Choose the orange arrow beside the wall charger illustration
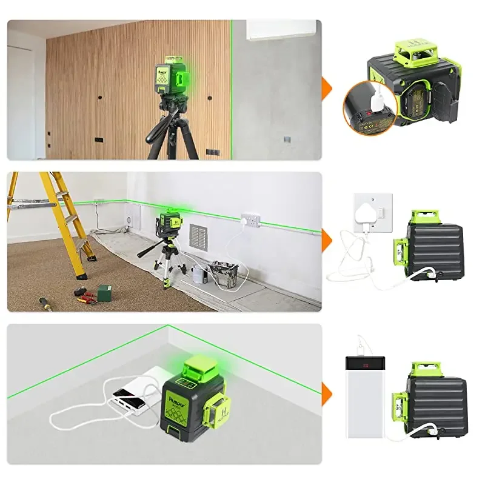coord(327,238)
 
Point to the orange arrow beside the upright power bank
coord(327,390)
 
